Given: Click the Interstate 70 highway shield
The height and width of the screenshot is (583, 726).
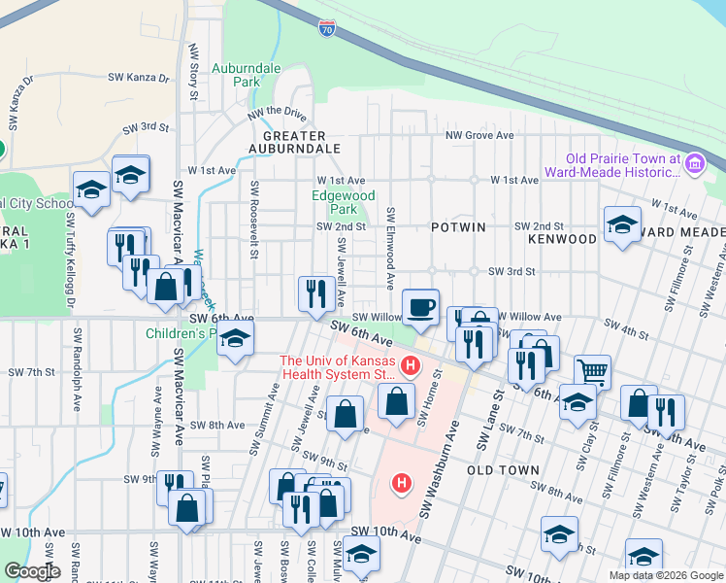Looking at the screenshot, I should click(x=327, y=29).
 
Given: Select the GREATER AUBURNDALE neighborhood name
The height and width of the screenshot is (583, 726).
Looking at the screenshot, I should click(x=294, y=142).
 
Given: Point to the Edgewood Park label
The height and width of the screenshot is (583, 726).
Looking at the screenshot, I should click(x=343, y=202).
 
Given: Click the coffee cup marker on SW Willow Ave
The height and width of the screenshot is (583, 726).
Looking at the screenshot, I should click(x=420, y=307).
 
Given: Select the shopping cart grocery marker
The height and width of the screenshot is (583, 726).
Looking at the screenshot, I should click(x=592, y=370).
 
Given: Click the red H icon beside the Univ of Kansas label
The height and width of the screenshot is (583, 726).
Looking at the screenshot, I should click(x=410, y=366).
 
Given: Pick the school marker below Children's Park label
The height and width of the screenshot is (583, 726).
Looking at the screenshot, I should click(x=233, y=341).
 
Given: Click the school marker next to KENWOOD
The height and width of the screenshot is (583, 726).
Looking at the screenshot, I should click(x=622, y=225).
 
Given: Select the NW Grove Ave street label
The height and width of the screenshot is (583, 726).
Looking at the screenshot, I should click(x=478, y=136).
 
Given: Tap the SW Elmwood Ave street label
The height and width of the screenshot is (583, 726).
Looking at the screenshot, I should click(x=390, y=247).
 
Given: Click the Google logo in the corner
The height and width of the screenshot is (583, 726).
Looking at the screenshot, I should click(x=31, y=571).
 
